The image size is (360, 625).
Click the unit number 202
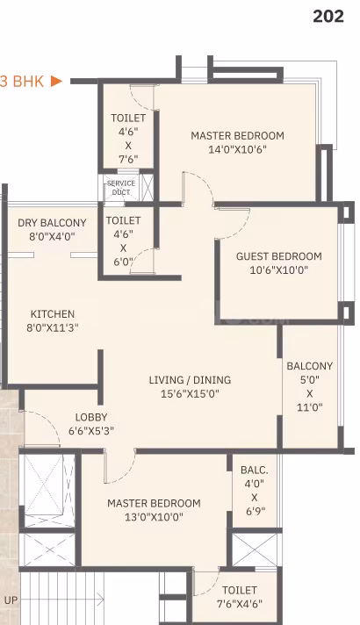(328, 17)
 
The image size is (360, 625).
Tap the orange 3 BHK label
(22, 82)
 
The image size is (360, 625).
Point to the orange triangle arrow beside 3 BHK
(56, 82)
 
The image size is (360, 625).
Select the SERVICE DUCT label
(121, 187)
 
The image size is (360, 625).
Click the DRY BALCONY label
(52, 222)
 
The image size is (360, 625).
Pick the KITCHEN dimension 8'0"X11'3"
(52, 328)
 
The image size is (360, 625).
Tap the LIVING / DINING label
(190, 380)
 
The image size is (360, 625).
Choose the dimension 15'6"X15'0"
(190, 394)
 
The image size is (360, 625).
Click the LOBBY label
(91, 417)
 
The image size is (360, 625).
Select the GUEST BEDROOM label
(278, 256)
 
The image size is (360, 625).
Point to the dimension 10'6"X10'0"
(278, 270)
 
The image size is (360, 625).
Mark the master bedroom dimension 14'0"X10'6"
(237, 149)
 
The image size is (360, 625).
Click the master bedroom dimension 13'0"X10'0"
(154, 517)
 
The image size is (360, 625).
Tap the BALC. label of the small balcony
(255, 470)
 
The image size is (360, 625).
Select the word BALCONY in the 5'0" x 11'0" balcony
(309, 365)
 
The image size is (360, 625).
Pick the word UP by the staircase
(11, 600)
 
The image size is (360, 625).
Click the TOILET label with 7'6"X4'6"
(239, 590)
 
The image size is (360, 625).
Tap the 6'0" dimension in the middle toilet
(123, 262)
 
